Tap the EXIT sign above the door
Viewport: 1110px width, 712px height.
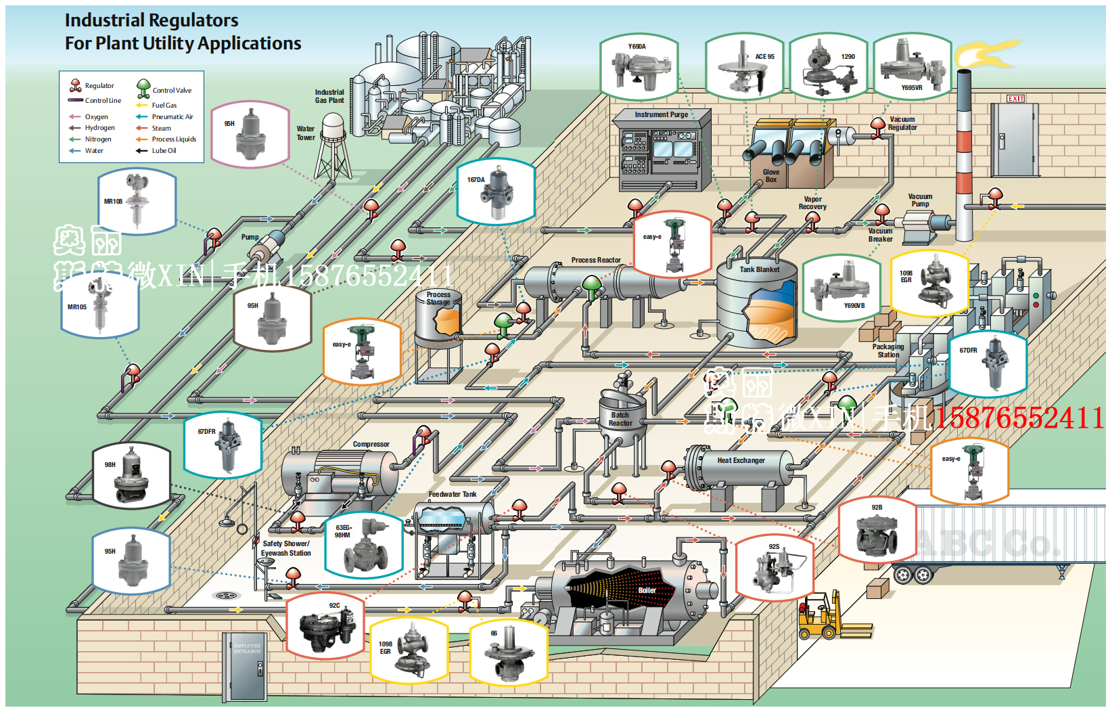point(1015,99)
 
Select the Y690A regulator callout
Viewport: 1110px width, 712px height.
point(639,68)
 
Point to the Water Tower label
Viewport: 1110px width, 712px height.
point(306,133)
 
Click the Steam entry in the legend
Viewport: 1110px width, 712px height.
point(161,128)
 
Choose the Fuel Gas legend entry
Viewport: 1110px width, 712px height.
point(164,105)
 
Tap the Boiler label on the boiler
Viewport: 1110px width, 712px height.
point(647,590)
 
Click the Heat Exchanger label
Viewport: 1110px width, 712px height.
point(741,460)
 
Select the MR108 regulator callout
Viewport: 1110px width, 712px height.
point(137,201)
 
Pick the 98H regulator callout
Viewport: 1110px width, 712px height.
point(131,475)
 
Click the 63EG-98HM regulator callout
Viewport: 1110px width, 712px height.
point(364,545)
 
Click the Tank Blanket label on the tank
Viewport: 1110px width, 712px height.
point(759,269)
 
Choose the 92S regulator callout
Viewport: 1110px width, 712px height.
point(774,567)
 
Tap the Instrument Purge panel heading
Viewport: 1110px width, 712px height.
point(661,114)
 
